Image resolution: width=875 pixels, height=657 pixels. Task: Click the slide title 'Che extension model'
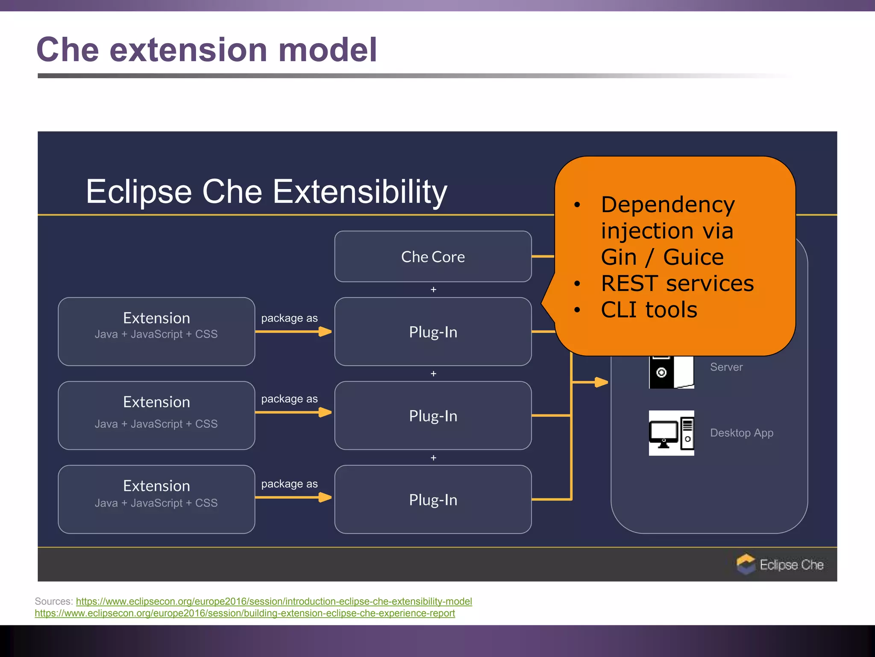click(207, 50)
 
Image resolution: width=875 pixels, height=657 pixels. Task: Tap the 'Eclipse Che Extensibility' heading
click(266, 192)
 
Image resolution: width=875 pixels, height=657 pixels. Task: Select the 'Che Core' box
click(433, 257)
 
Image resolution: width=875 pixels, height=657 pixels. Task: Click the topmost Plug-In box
click(433, 332)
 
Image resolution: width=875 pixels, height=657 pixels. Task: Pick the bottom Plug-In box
click(433, 500)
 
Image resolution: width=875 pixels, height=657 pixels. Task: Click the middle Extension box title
click(156, 402)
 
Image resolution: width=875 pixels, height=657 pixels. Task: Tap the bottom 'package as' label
click(289, 484)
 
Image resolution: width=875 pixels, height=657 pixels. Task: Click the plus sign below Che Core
click(433, 290)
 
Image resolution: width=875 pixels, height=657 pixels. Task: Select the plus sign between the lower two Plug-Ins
click(433, 458)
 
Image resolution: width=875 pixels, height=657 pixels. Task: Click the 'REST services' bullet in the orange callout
click(677, 284)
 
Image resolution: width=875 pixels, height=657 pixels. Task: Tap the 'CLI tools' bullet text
click(649, 310)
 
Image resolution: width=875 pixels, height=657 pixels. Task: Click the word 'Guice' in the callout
click(693, 257)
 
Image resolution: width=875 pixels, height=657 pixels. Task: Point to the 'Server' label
click(726, 367)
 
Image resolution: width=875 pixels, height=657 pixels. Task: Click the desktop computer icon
click(671, 433)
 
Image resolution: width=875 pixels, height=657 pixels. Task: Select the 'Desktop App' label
click(741, 433)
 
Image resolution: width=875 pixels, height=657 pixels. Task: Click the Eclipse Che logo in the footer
click(746, 564)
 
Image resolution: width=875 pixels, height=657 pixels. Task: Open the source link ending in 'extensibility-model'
click(274, 601)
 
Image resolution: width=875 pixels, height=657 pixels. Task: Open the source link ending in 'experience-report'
click(245, 613)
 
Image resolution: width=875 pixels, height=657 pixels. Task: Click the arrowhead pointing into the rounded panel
click(601, 382)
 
